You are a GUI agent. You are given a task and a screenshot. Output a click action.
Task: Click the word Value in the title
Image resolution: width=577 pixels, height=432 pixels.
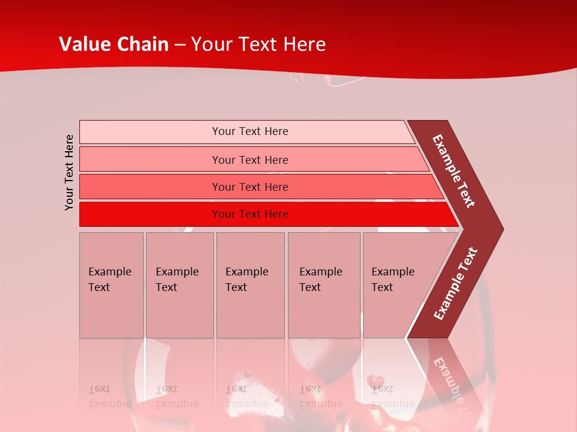click(x=84, y=44)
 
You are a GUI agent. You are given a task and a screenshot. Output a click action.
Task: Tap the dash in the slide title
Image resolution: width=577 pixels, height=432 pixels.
click(x=180, y=45)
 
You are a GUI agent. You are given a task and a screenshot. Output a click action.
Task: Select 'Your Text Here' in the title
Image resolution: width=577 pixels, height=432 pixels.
click(x=258, y=44)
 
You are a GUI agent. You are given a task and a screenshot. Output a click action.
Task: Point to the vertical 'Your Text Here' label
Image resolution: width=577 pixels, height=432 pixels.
click(x=69, y=173)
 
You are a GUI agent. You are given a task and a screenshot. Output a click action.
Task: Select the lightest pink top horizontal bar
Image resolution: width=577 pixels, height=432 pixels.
click(x=246, y=131)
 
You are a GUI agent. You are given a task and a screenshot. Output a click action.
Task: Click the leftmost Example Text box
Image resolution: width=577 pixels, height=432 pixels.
click(x=111, y=285)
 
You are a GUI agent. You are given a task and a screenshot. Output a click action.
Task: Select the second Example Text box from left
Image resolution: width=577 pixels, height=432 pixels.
click(x=179, y=285)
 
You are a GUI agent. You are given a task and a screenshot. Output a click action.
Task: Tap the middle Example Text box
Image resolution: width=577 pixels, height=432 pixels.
click(x=250, y=285)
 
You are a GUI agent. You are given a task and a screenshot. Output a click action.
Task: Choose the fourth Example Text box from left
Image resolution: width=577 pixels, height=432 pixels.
click(x=323, y=285)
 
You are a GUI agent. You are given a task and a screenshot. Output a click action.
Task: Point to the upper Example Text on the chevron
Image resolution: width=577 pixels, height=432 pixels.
click(x=454, y=171)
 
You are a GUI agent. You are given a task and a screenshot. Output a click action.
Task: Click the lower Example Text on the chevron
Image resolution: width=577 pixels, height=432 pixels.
click(x=456, y=283)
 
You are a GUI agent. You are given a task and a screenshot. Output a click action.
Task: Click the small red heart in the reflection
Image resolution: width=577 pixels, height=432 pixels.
click(x=376, y=380)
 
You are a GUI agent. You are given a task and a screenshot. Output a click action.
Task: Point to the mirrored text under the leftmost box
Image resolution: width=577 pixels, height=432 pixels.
click(x=110, y=396)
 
